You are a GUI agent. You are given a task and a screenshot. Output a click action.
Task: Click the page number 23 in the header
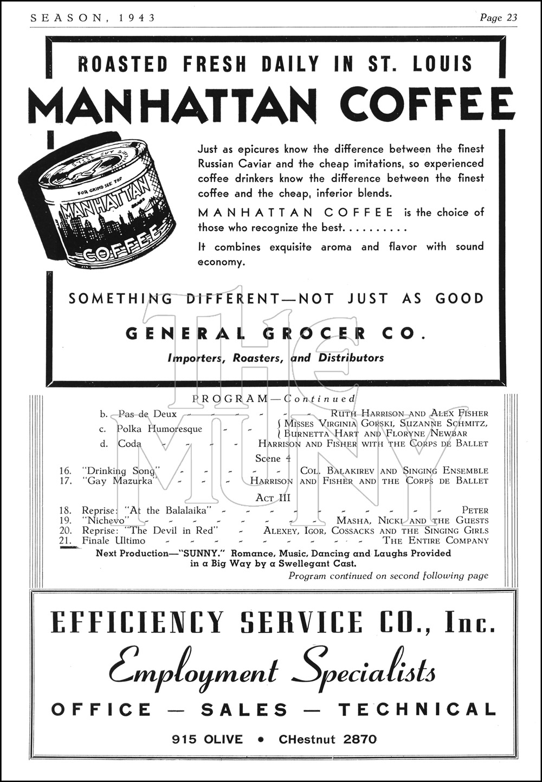point(512,18)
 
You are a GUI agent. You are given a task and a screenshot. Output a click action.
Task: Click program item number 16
point(65,471)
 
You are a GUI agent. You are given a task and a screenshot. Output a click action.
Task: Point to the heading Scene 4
point(273,458)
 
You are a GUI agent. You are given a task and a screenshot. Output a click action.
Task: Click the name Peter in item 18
point(475,510)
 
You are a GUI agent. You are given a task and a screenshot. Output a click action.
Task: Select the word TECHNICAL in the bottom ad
point(417,709)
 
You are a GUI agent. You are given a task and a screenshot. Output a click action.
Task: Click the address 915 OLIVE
point(208,739)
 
